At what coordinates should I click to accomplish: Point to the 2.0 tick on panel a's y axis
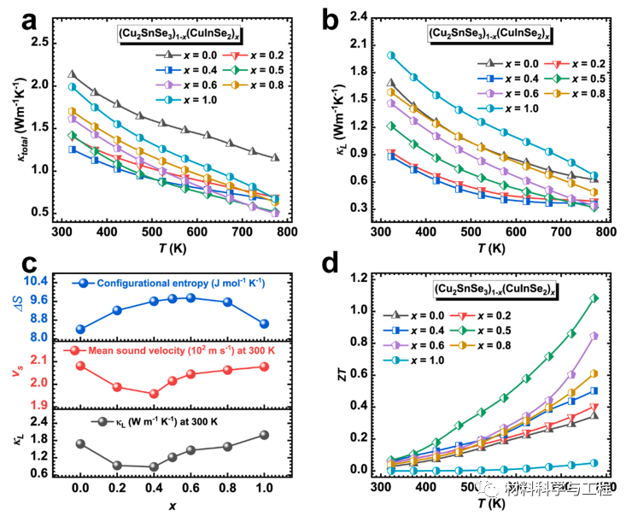pos(44,85)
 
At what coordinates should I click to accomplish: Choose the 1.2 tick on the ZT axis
pos(366,278)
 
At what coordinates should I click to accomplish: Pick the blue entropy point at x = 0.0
pos(80,329)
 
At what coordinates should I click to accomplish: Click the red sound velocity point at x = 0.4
pos(154,394)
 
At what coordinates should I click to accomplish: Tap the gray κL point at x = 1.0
pos(264,435)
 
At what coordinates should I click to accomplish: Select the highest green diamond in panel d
pos(594,298)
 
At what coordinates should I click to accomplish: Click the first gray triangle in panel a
pos(72,74)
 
